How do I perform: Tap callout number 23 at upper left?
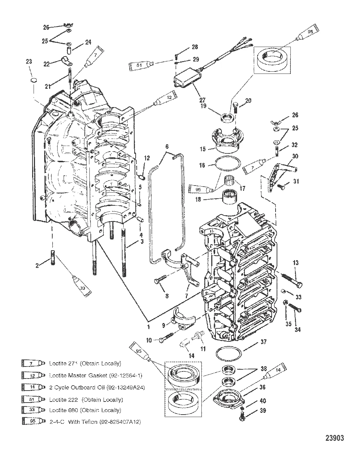click(x=29, y=61)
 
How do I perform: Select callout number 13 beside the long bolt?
click(x=295, y=263)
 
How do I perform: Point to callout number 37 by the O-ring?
click(x=263, y=342)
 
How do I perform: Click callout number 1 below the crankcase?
click(x=148, y=327)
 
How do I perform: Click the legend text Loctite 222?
click(x=86, y=400)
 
